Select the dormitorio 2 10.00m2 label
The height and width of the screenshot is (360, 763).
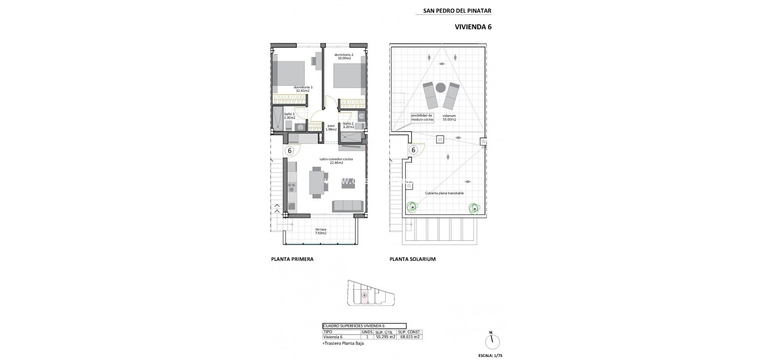[344, 56]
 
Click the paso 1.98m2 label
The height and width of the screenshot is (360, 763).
[331, 127]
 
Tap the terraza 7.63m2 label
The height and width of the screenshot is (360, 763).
[320, 231]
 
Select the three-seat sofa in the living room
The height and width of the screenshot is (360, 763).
[347, 205]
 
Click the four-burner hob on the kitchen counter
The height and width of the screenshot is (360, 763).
[292, 187]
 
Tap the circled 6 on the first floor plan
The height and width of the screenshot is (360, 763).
[289, 150]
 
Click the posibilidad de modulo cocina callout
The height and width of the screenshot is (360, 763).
[422, 117]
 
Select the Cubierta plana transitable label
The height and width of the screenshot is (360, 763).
[444, 193]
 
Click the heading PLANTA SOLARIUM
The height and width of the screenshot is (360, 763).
[412, 259]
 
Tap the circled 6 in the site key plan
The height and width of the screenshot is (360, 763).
[365, 295]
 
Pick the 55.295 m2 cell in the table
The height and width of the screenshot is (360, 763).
[385, 337]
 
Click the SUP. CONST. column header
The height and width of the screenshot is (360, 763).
[409, 332]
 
